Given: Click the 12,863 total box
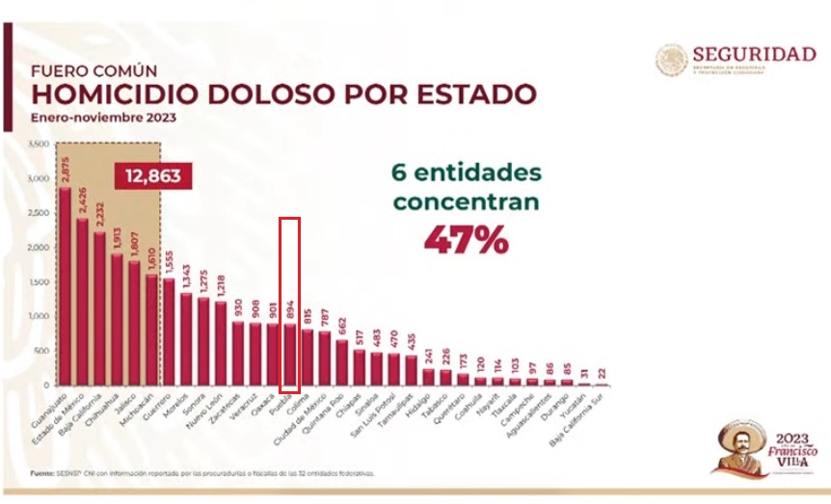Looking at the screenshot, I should coord(152,176).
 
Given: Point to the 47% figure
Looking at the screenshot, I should coord(466,239).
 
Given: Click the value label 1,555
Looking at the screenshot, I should coord(170,260).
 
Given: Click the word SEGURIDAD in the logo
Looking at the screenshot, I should coord(754,54).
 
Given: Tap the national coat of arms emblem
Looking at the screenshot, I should coord(672,61).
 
